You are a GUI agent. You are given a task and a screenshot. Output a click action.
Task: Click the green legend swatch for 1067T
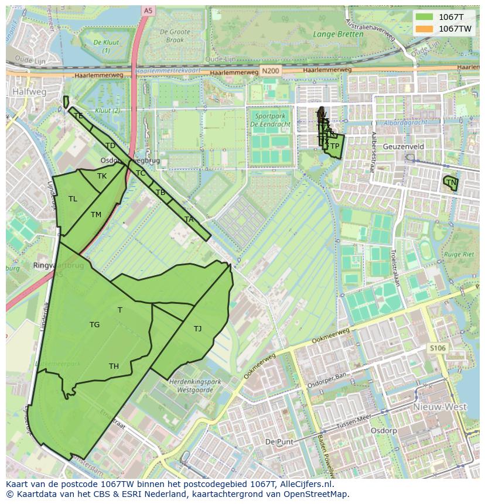pos(425,16)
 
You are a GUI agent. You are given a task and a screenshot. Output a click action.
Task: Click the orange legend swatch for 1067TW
pos(425,29)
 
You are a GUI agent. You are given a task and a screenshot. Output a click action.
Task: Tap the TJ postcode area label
pos(197,328)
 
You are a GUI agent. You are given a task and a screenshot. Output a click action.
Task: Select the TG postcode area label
pos(94,325)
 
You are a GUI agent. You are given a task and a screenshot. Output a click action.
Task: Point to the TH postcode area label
pos(114,366)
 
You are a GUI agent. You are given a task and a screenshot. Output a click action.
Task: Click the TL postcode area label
pos(73,199)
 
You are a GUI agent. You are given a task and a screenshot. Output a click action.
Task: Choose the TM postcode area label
pos(96,215)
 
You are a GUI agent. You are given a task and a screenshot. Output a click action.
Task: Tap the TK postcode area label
pos(102,176)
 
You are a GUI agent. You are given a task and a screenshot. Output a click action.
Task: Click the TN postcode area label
pos(451,183)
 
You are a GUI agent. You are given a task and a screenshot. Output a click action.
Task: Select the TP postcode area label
pos(334,146)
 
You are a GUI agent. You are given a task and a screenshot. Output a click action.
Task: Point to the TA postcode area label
pos(189,220)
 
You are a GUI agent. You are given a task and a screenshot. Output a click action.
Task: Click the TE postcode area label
pos(78,116)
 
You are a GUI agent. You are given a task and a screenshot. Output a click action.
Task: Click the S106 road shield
pos(437,348)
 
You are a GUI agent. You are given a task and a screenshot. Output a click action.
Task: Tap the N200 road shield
pos(271,71)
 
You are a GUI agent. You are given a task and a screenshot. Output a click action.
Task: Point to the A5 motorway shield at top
pos(147,10)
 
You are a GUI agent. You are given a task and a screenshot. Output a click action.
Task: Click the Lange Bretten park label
pos(338,34)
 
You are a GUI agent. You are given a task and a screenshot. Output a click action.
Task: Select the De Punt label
pos(279,441)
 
